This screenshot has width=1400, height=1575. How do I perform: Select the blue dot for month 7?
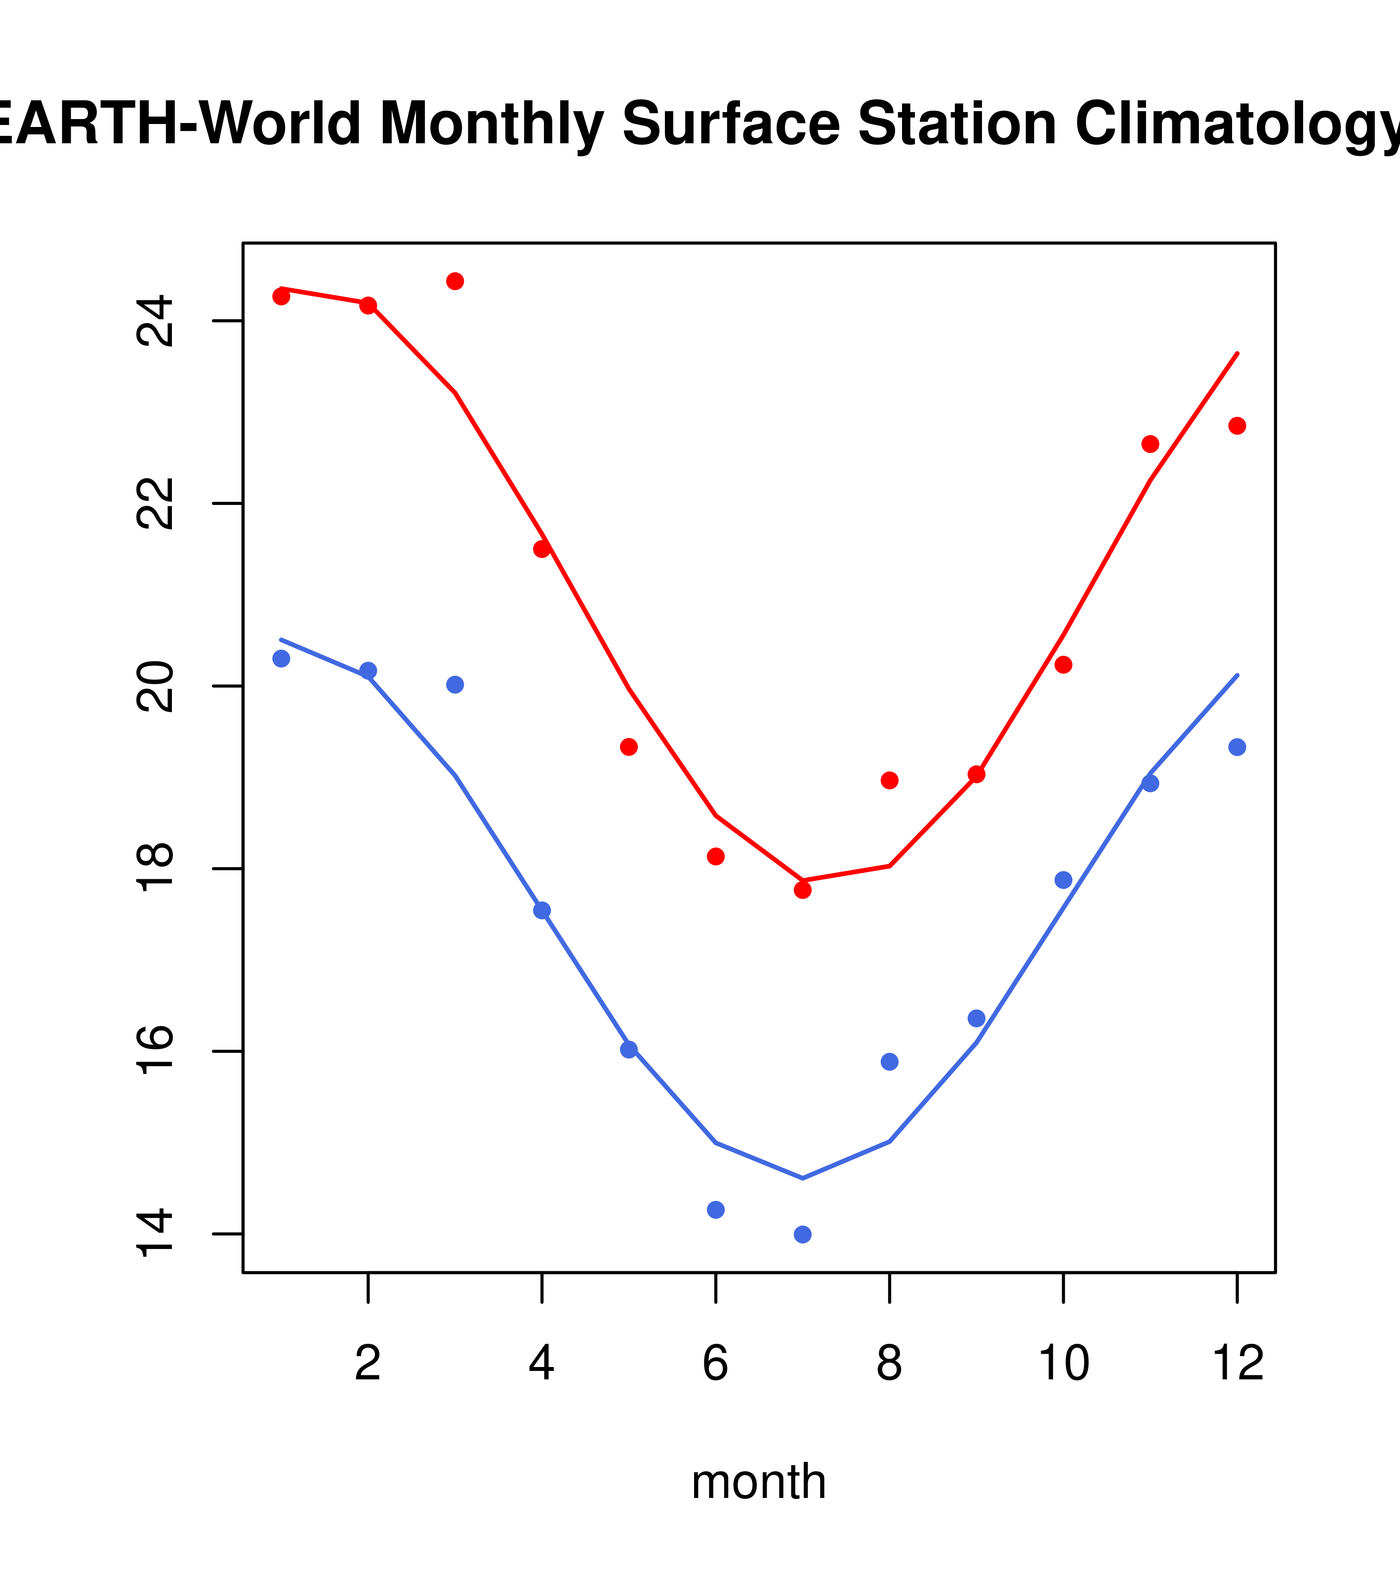pos(802,1235)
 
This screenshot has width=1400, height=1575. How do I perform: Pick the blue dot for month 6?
pos(716,1210)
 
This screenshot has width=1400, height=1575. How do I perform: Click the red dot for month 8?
pos(889,781)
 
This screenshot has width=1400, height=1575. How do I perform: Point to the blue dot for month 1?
pos(281,659)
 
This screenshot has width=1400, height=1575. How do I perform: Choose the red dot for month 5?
pos(629,746)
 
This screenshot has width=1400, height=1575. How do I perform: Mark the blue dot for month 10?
pos(1063,880)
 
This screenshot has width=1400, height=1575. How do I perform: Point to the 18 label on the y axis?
pos(156,869)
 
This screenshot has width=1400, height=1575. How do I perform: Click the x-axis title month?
pos(759,1481)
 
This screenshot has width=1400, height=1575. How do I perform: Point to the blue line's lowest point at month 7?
pos(802,1178)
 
